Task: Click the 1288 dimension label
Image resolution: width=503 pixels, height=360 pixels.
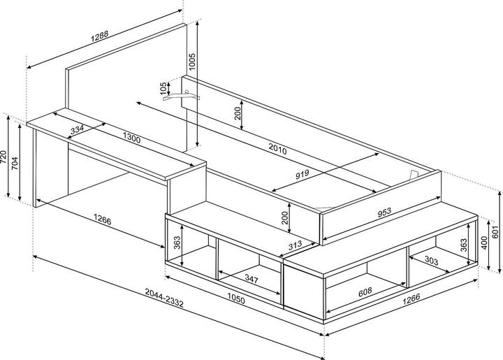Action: pyautogui.click(x=100, y=36)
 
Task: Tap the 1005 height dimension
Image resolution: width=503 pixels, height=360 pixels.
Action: pyautogui.click(x=192, y=62)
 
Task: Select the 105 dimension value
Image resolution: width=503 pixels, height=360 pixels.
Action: pyautogui.click(x=163, y=89)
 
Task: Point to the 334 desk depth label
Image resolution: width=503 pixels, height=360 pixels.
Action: pyautogui.click(x=77, y=129)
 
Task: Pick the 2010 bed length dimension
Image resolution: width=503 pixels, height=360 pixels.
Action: pyautogui.click(x=278, y=149)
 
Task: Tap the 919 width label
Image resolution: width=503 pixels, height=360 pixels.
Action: pyautogui.click(x=302, y=175)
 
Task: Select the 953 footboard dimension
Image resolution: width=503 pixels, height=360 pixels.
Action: pyautogui.click(x=384, y=213)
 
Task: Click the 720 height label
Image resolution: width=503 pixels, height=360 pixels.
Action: pyautogui.click(x=3, y=157)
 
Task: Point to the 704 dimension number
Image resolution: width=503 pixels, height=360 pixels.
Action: pyautogui.click(x=15, y=164)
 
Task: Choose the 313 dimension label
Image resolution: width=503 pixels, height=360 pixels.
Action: pyautogui.click(x=295, y=245)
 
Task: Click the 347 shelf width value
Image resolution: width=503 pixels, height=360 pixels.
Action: pyautogui.click(x=251, y=278)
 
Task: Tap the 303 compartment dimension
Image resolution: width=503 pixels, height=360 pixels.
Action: pyautogui.click(x=431, y=261)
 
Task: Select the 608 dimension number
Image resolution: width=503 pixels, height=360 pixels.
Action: pyautogui.click(x=365, y=291)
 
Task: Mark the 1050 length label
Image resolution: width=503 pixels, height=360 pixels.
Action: pyautogui.click(x=236, y=298)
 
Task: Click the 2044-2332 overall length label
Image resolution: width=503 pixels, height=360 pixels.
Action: pyautogui.click(x=164, y=298)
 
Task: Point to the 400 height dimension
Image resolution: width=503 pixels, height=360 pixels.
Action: pyautogui.click(x=484, y=243)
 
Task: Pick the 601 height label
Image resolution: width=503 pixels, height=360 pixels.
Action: pyautogui.click(x=495, y=231)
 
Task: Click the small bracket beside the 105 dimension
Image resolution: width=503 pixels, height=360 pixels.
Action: pyautogui.click(x=181, y=96)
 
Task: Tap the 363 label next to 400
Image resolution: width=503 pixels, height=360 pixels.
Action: pyautogui.click(x=463, y=245)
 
